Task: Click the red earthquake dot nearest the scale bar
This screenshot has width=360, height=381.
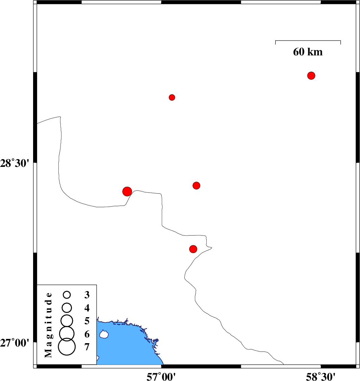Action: [311, 76]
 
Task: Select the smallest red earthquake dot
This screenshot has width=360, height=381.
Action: [172, 97]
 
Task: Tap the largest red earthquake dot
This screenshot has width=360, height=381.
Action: [127, 192]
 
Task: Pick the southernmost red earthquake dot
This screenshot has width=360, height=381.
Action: [193, 249]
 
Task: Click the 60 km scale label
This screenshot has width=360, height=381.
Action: [308, 52]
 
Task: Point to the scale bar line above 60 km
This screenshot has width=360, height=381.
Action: [308, 41]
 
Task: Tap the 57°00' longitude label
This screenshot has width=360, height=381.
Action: [161, 377]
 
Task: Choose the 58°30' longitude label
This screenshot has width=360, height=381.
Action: [320, 377]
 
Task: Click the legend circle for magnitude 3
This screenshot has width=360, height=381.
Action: [67, 295]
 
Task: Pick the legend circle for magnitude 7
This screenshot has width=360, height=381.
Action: [67, 347]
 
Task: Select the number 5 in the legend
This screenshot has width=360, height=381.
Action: [87, 321]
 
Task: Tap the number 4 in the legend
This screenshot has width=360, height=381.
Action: [87, 308]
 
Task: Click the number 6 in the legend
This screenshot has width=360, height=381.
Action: [87, 334]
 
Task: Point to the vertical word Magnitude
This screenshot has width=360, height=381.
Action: [48, 325]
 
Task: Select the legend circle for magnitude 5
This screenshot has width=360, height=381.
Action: [67, 321]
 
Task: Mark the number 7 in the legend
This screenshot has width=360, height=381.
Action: [87, 347]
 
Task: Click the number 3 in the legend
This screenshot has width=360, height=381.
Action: [87, 295]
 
